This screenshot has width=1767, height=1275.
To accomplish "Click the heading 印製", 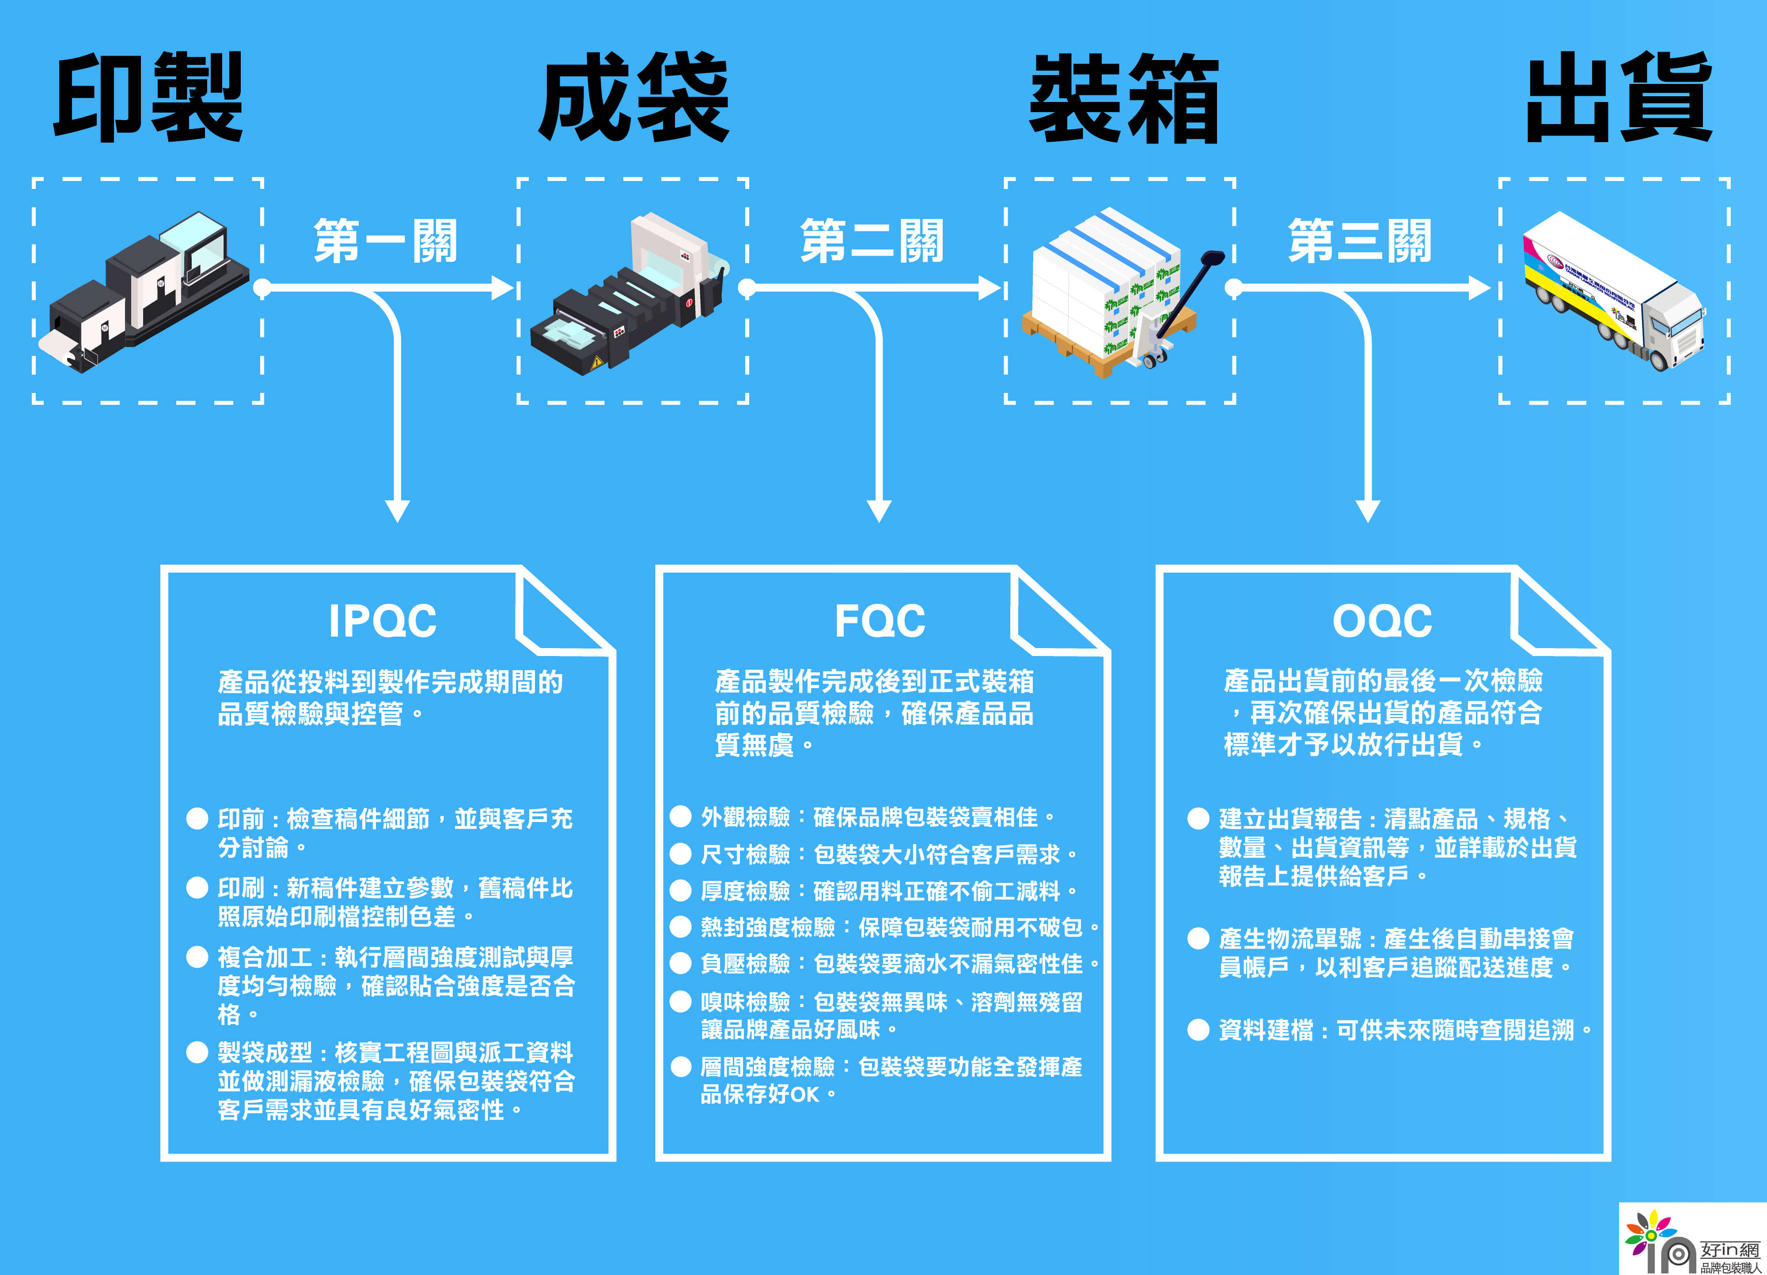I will pyautogui.click(x=148, y=98).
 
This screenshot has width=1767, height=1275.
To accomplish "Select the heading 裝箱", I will pyautogui.click(x=1123, y=98).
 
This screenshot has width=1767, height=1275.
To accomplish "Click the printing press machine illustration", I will pyautogui.click(x=148, y=292).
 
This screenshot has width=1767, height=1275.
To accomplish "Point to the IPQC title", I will pyautogui.click(x=383, y=621).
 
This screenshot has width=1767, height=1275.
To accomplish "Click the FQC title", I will pyautogui.click(x=880, y=621).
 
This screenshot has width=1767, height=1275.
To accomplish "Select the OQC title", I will pyautogui.click(x=1381, y=621).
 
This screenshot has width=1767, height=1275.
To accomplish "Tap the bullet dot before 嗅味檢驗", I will pyautogui.click(x=681, y=1001).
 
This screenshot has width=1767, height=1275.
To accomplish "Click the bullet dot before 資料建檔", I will pyautogui.click(x=1198, y=1030).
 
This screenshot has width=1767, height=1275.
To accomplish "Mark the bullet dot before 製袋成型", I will pyautogui.click(x=197, y=1052).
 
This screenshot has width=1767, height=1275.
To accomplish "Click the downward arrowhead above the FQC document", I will pyautogui.click(x=879, y=510).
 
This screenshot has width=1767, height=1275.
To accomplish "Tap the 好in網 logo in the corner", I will pyautogui.click(x=1691, y=1240).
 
